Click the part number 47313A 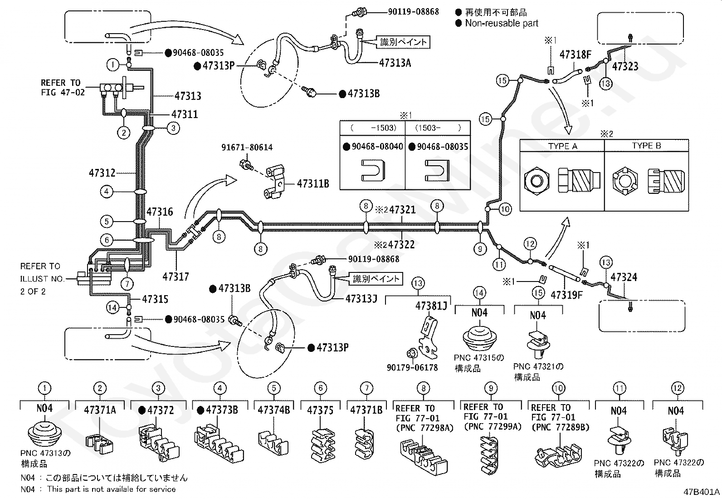pos(395,63)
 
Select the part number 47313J pos(361,299)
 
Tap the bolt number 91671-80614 pos(247,148)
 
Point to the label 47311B pos(313,183)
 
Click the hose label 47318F pos(576,54)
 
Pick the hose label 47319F pos(566,295)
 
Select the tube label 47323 pos(625,66)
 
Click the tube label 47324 pos(624,277)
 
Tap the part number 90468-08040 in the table pos(377,147)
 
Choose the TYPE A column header pos(563,146)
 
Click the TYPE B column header pos(647,146)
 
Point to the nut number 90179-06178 pos(412,368)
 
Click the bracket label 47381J pos(431,306)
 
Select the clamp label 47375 pos(320,410)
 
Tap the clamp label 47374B pos(274,410)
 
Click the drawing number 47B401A pos(702,492)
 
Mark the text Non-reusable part pos(502,23)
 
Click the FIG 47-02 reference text pos(63,92)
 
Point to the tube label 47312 pos(102,173)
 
